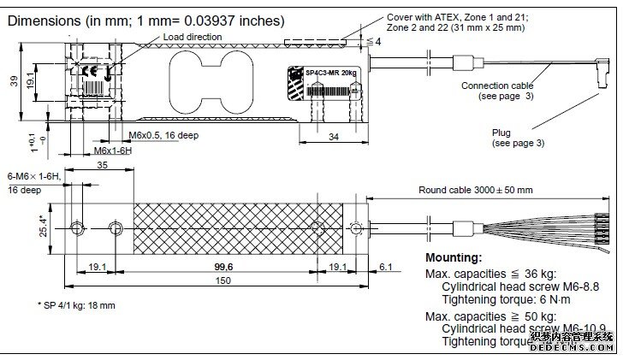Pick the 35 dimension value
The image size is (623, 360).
pos(102,166)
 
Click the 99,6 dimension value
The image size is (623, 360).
pos(225,266)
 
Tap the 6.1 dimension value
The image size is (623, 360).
pos(386,266)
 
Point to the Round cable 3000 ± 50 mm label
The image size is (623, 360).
pos(475,190)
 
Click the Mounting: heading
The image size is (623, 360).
pos(454,257)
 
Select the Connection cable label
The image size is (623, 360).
pos(497,86)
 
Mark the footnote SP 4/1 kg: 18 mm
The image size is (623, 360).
pos(76,304)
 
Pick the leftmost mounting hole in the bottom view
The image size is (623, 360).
pos(78,228)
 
